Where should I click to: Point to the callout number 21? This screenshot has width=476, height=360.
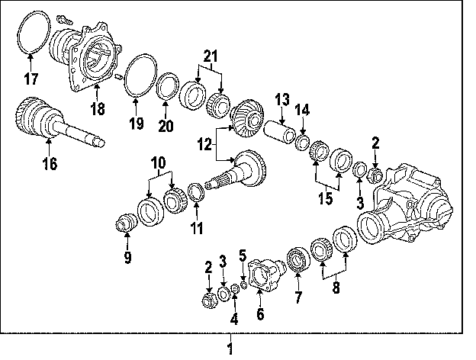pos(211,55)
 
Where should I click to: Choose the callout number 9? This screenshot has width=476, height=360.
pos(128,257)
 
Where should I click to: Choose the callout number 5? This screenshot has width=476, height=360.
pos(243,256)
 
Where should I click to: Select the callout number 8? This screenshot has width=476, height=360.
pos(336,289)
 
